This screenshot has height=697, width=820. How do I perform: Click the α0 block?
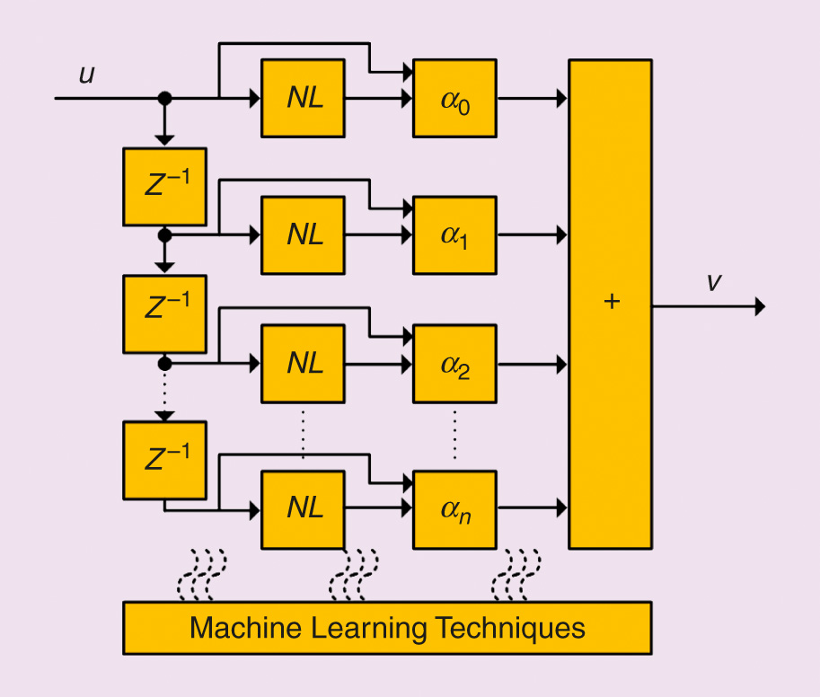(x=454, y=98)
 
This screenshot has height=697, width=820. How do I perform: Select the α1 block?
(x=454, y=234)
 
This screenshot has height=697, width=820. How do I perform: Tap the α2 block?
(x=454, y=364)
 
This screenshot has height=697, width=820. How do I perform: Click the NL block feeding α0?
(x=304, y=98)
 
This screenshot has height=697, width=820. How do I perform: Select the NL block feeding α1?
(x=304, y=234)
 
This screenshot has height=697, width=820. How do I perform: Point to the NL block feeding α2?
(x=304, y=364)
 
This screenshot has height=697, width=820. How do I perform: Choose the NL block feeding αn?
(x=304, y=507)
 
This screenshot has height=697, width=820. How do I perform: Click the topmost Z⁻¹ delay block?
(x=165, y=186)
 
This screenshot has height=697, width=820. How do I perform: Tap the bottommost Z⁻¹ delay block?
(x=165, y=460)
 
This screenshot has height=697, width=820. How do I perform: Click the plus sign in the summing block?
(x=612, y=302)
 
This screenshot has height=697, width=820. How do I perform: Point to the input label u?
(x=86, y=75)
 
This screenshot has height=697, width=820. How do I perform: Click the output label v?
(x=713, y=282)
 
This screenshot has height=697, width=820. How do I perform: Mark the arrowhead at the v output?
(x=760, y=306)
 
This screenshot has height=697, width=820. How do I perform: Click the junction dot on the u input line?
(x=164, y=98)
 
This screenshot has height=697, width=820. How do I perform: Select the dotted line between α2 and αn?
(x=454, y=436)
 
